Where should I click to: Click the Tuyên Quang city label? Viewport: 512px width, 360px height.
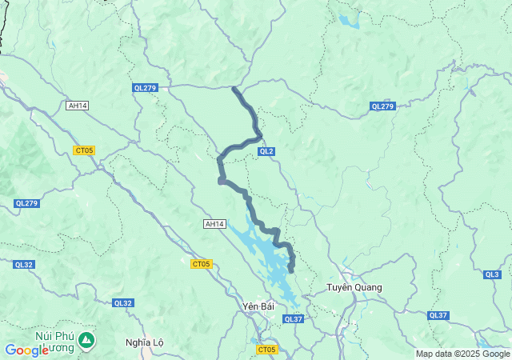(354, 287)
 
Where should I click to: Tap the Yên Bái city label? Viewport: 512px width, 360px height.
(258, 306)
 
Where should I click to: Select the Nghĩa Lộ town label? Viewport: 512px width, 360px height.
(145, 342)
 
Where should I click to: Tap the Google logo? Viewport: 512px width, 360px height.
(26, 350)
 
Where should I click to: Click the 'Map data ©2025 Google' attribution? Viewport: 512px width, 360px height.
(462, 354)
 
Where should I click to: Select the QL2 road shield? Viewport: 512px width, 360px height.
(266, 151)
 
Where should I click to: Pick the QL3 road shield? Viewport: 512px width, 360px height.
(492, 274)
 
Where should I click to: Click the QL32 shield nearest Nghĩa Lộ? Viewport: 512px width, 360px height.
(123, 302)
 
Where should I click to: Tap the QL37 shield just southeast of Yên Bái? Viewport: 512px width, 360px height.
(294, 319)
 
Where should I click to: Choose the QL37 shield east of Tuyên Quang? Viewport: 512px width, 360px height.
(438, 315)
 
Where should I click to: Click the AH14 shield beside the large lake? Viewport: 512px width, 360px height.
(214, 225)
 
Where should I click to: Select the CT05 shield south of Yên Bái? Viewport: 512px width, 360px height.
(266, 350)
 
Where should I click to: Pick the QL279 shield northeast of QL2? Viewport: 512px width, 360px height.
(382, 106)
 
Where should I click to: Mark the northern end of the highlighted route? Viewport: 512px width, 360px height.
(234, 88)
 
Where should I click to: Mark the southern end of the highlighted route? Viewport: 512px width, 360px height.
(291, 270)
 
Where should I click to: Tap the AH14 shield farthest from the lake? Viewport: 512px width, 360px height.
(77, 105)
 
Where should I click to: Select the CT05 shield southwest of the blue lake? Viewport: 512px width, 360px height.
(201, 264)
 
